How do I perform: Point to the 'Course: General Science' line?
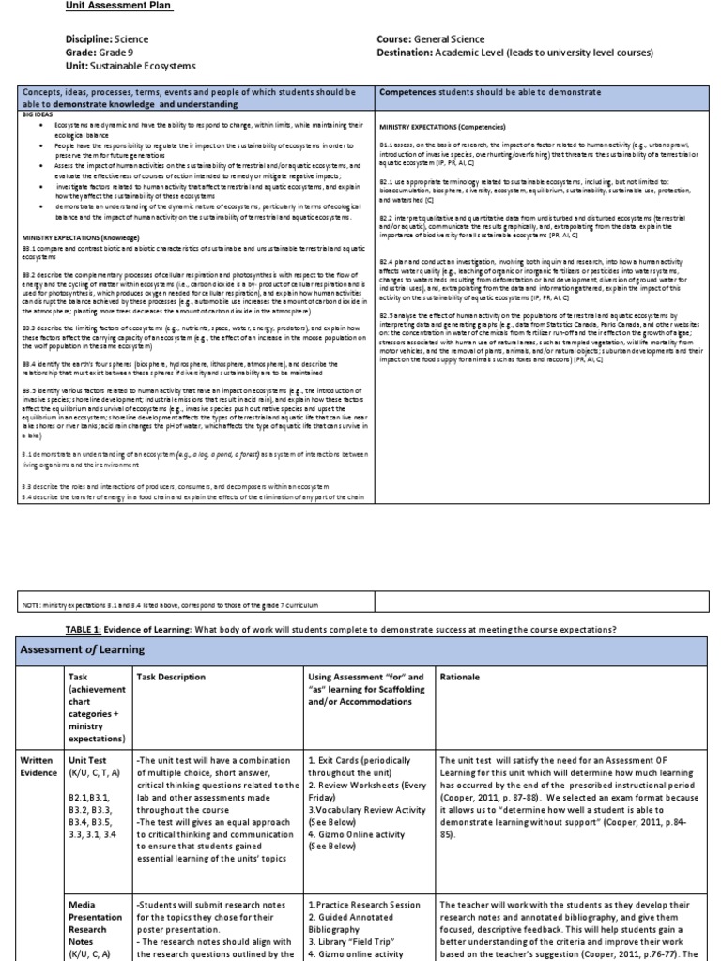(x=431, y=39)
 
